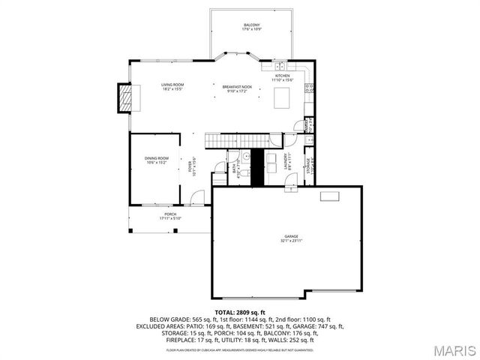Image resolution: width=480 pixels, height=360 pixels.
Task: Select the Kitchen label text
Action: coord(282,78)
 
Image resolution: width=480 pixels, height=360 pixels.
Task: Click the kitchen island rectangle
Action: coord(283,98)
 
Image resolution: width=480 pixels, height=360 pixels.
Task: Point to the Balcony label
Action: coord(251,28)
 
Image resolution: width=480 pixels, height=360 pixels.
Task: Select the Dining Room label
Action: coord(157,160)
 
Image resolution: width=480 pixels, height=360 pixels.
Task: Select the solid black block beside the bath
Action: coord(256,168)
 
